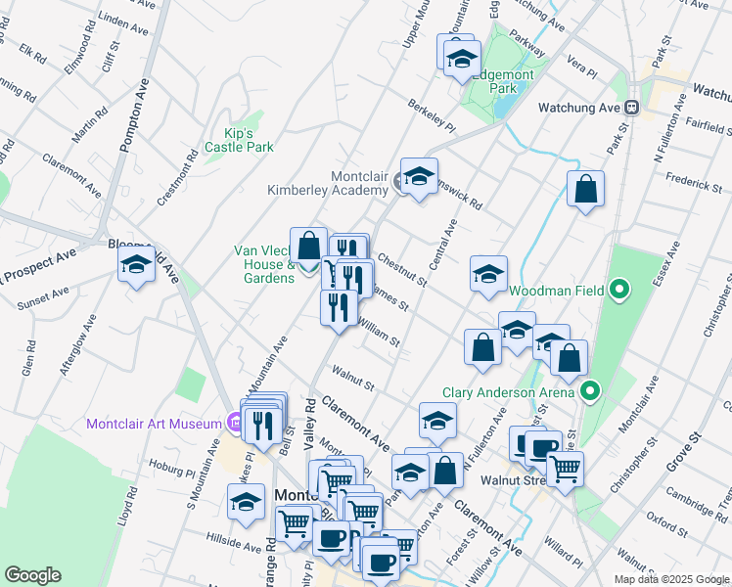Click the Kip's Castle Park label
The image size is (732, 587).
(x=239, y=140)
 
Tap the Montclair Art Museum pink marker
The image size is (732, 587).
(x=233, y=424)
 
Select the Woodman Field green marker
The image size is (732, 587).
(x=618, y=290)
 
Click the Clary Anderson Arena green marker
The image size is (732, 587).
(x=590, y=393)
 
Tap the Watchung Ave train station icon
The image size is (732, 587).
(x=632, y=108)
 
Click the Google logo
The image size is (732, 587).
(x=32, y=574)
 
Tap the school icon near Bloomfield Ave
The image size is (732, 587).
(x=137, y=264)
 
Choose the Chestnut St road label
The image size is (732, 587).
(x=402, y=271)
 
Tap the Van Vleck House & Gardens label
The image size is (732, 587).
(x=263, y=264)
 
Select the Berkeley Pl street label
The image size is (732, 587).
(x=433, y=115)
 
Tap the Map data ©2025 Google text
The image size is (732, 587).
(x=670, y=579)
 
